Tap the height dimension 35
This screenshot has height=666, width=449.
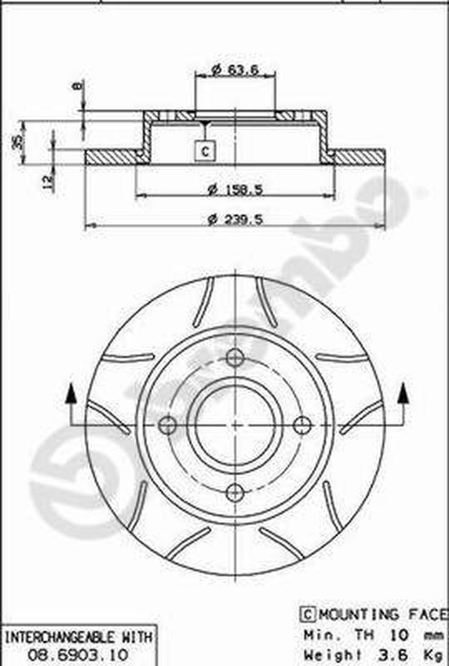(17, 142)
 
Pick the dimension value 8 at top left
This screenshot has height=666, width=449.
(76, 87)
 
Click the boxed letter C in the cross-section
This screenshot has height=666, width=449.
(205, 151)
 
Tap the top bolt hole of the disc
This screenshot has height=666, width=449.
(235, 358)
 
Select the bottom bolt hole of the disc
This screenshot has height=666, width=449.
(235, 492)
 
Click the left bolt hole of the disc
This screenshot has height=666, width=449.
(168, 425)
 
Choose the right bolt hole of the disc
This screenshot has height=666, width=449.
(303, 425)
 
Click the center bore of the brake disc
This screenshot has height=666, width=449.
(235, 425)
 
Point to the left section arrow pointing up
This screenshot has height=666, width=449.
(71, 395)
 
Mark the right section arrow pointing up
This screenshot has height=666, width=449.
(404, 395)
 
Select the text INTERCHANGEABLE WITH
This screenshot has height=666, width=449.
(78, 638)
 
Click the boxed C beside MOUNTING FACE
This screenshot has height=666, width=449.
(306, 614)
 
